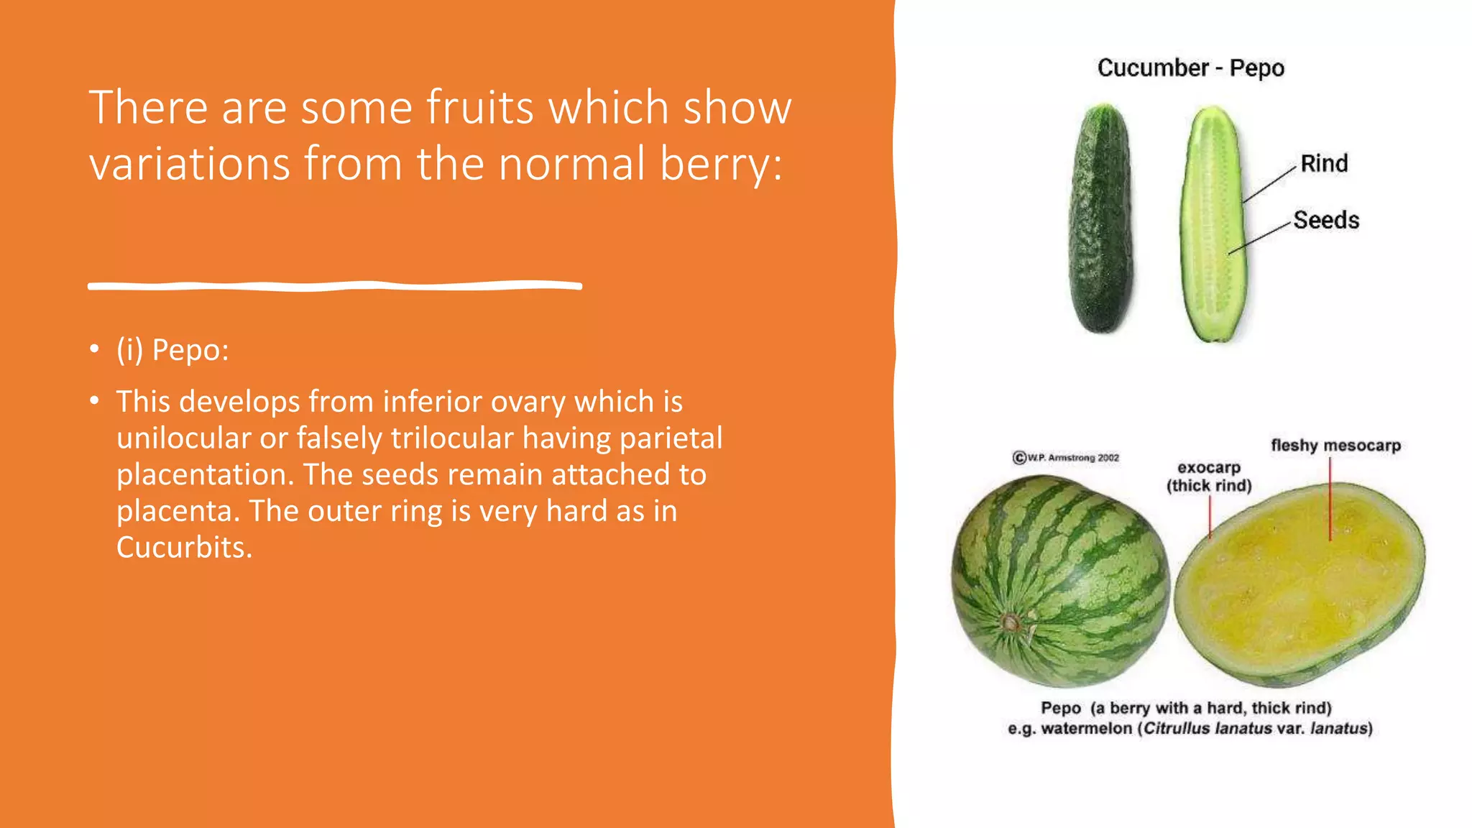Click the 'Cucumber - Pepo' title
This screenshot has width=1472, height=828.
pos(1190,68)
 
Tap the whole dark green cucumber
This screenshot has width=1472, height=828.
pos(1100,219)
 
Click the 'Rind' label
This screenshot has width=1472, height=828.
pos(1324,164)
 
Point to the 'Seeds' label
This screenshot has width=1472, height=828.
pos(1326,220)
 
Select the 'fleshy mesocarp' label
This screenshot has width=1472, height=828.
pos(1335,446)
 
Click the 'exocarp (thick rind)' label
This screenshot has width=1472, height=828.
pos(1209,477)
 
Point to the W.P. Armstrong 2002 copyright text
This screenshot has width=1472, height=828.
pos(1066,458)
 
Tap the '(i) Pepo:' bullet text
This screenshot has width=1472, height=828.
pos(172,350)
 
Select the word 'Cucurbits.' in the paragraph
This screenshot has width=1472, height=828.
pos(185,548)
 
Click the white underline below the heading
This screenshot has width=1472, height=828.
pos(335,286)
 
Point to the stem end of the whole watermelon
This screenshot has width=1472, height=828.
pos(1012,622)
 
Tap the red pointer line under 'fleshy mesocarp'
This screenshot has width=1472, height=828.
pos(1330,500)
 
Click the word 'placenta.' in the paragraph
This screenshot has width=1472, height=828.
pos(178,511)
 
